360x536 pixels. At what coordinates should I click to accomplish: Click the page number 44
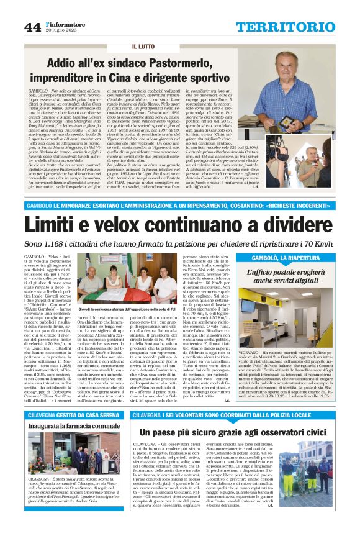click(x=32, y=26)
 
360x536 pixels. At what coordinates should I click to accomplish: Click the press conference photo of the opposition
click(x=120, y=286)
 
